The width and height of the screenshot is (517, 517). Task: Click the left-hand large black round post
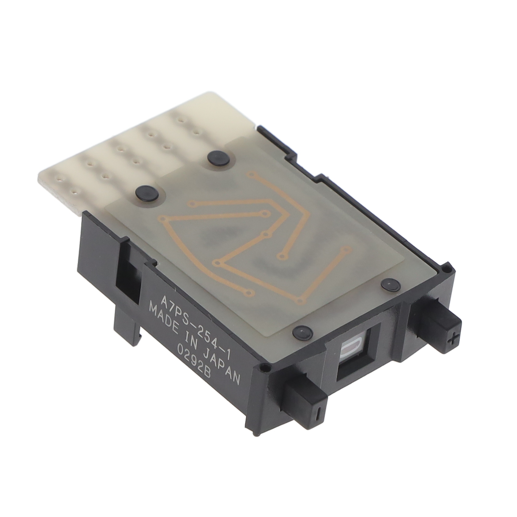tap(147, 193)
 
